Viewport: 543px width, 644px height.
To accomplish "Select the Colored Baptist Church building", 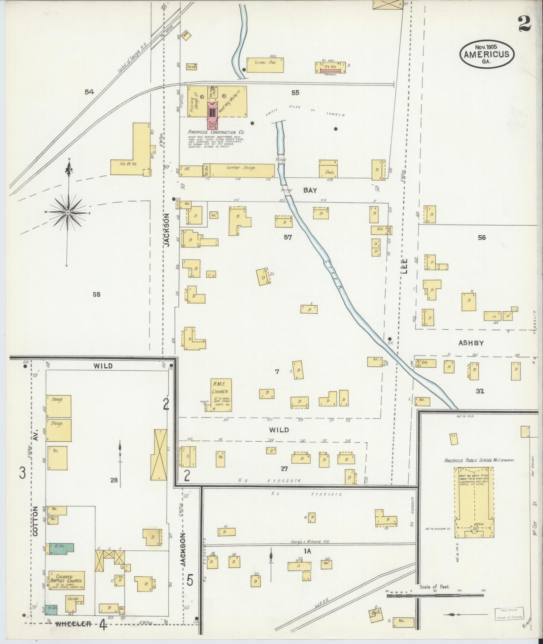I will [x=66, y=580].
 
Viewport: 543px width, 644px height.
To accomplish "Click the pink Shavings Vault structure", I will [x=212, y=118].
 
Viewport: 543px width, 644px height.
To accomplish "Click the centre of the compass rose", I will [x=68, y=213].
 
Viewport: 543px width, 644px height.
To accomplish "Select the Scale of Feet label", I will [x=434, y=586].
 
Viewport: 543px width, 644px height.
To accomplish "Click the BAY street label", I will [x=310, y=190].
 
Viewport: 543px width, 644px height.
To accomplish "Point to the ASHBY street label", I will [x=471, y=343].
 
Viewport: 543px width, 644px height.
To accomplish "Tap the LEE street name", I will [x=404, y=266].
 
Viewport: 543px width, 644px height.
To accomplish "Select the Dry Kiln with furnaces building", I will [x=330, y=67].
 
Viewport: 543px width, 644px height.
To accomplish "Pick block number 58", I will [x=97, y=295].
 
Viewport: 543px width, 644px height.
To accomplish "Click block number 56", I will [x=482, y=238].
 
